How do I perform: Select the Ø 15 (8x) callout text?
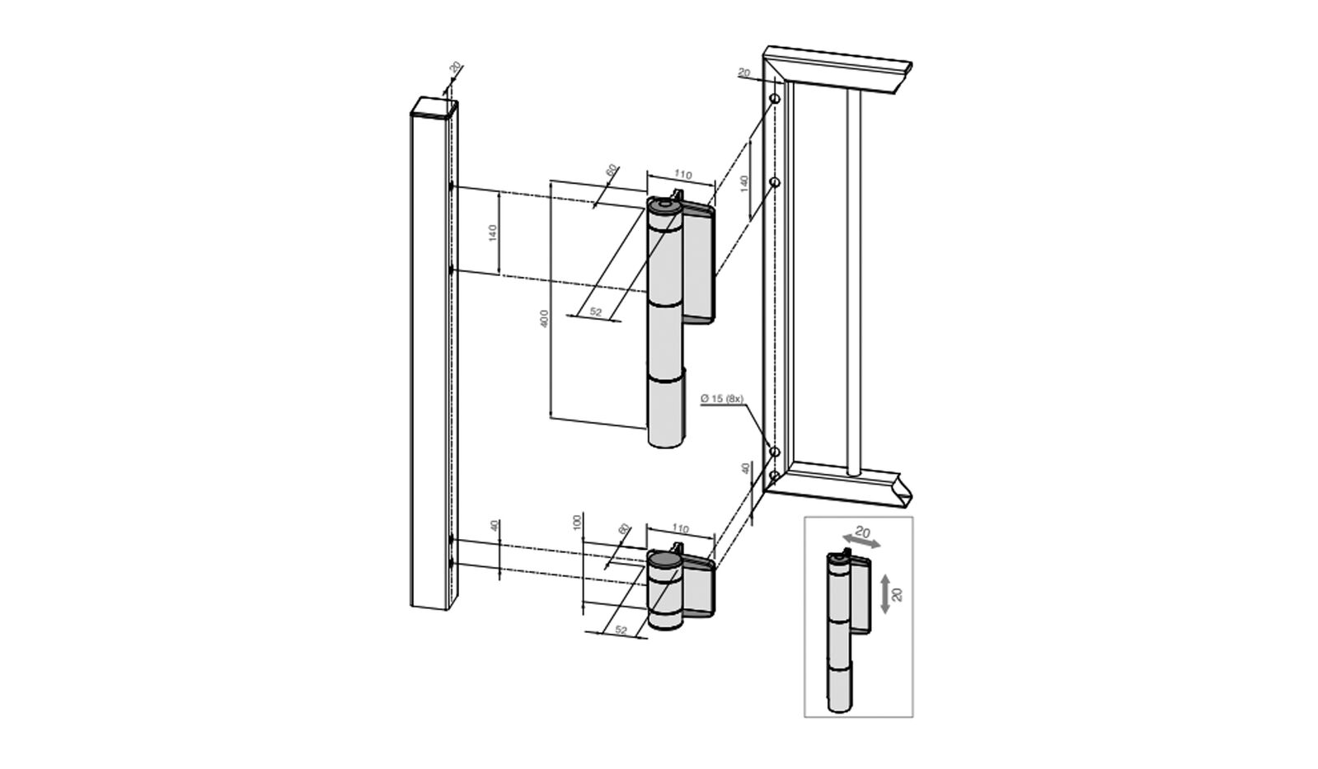(x=722, y=399)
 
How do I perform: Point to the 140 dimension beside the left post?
(x=493, y=232)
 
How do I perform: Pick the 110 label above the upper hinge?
(x=682, y=174)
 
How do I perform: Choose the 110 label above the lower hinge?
(x=680, y=528)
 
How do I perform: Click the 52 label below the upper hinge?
(x=596, y=312)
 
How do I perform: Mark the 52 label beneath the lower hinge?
(x=621, y=631)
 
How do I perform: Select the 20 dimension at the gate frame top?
(x=743, y=74)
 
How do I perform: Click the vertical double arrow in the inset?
(x=884, y=593)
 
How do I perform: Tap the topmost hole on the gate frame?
(x=775, y=100)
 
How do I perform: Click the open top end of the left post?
(x=434, y=108)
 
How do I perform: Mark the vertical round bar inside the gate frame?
(x=853, y=280)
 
